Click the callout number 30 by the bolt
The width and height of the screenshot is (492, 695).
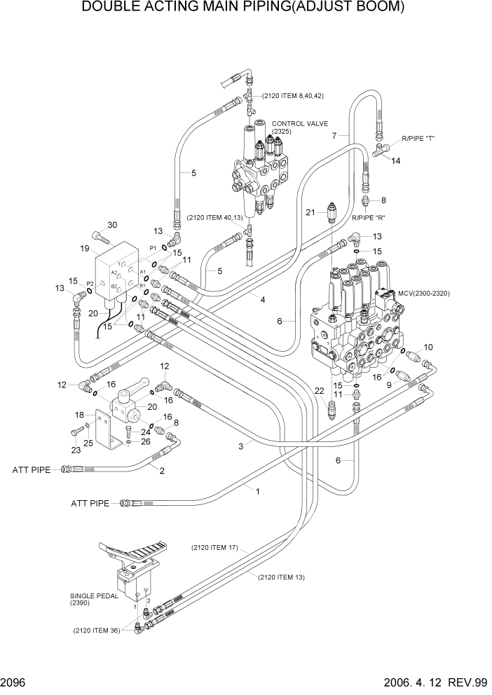pyautogui.click(x=111, y=225)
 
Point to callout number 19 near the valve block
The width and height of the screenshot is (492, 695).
pyautogui.click(x=84, y=249)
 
